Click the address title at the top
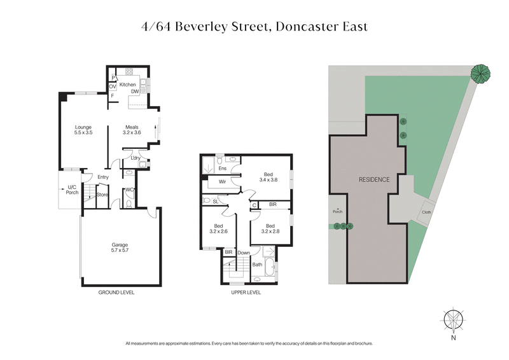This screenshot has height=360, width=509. coord(254,27)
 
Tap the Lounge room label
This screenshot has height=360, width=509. coord(84,130)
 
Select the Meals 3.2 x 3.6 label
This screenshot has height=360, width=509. coord(132,130)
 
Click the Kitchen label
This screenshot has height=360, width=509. coord(128,85)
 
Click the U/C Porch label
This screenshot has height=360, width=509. coord(72,190)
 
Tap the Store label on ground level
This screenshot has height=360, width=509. coord(102,195)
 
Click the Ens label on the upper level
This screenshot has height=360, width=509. coord(223,169)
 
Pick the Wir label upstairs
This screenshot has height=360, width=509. coord(223,181)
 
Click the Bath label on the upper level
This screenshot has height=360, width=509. coord(257,264)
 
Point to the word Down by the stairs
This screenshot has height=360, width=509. coord(244,253)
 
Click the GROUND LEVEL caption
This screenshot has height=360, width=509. coord(116,293)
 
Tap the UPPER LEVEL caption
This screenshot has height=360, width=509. coord(244,293)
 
